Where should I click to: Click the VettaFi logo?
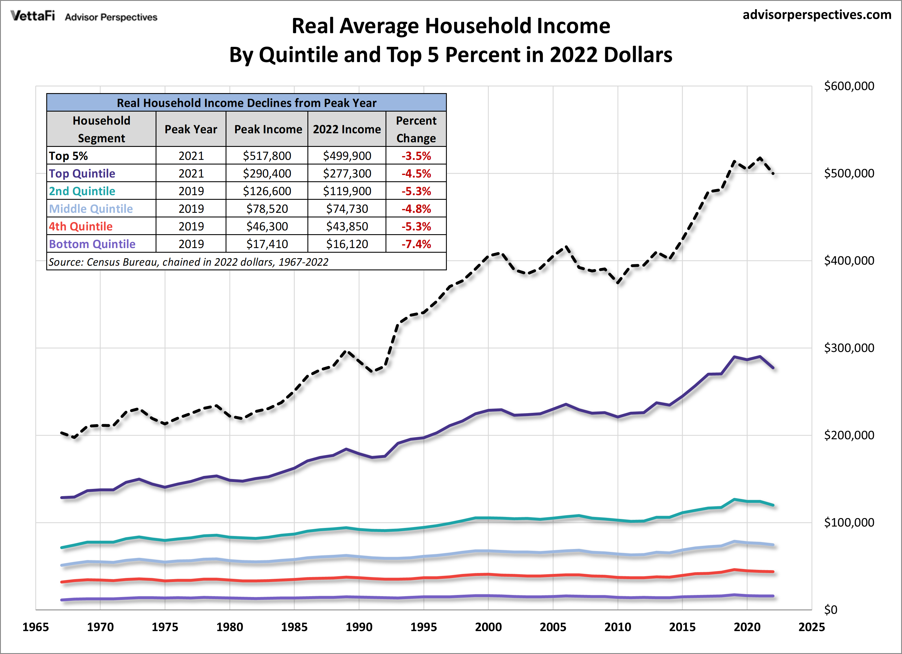tap(33, 16)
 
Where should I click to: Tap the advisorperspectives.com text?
tap(817, 15)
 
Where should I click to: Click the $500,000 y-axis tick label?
tap(849, 173)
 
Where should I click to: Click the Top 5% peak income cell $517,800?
tap(267, 156)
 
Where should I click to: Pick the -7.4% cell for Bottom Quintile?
tap(416, 244)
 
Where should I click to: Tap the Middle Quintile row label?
tap(91, 209)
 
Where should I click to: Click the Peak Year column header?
tap(191, 129)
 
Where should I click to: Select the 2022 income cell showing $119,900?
tap(347, 191)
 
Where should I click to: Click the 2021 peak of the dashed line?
tap(760, 158)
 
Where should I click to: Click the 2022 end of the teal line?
tap(773, 505)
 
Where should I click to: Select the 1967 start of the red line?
tap(62, 582)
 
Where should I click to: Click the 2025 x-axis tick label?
tap(811, 627)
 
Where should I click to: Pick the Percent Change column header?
tap(416, 129)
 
